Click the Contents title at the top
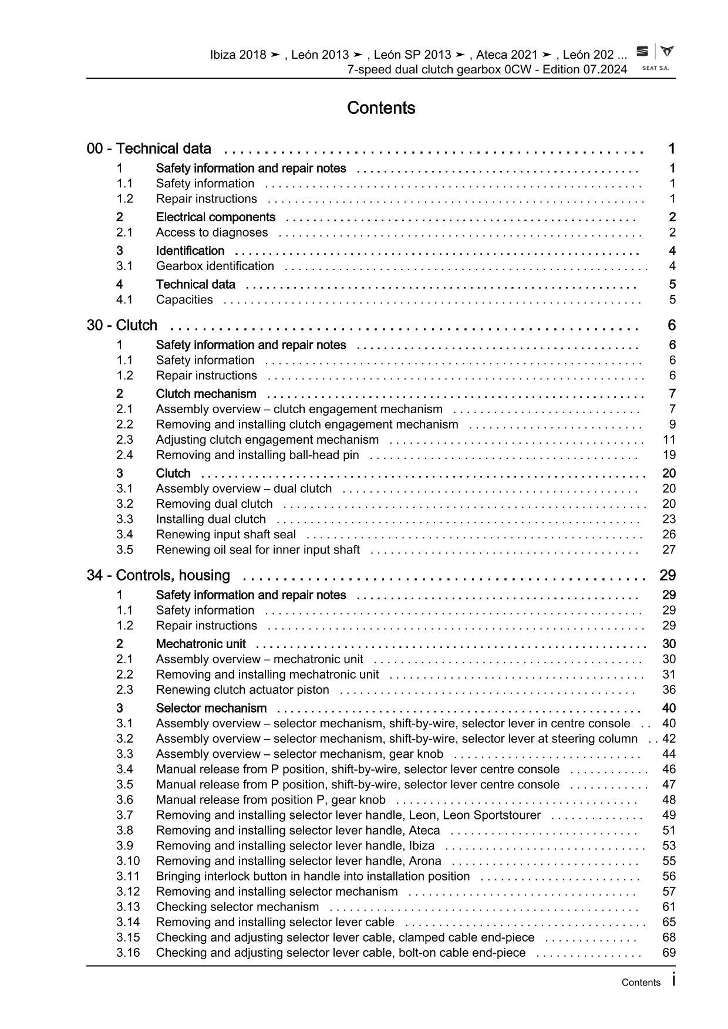pyautogui.click(x=381, y=108)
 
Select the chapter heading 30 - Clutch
pyautogui.click(x=122, y=325)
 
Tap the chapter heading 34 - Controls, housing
pyautogui.click(x=158, y=575)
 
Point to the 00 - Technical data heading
pyautogui.click(x=149, y=149)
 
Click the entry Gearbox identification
pyautogui.click(x=215, y=266)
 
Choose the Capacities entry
pyautogui.click(x=184, y=299)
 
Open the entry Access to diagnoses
pyautogui.click(x=212, y=232)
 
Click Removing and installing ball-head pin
pyautogui.click(x=257, y=455)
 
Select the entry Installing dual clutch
pyautogui.click(x=211, y=519)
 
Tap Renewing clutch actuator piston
pyautogui.click(x=242, y=690)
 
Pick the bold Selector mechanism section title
pyautogui.click(x=211, y=708)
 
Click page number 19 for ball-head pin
pyautogui.click(x=669, y=455)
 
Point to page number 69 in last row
pyautogui.click(x=669, y=953)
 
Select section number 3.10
pyautogui.click(x=128, y=861)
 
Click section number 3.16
pyautogui.click(x=128, y=953)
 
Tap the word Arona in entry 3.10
pyautogui.click(x=425, y=861)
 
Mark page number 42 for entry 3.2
pyautogui.click(x=669, y=738)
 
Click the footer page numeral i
pyautogui.click(x=673, y=980)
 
